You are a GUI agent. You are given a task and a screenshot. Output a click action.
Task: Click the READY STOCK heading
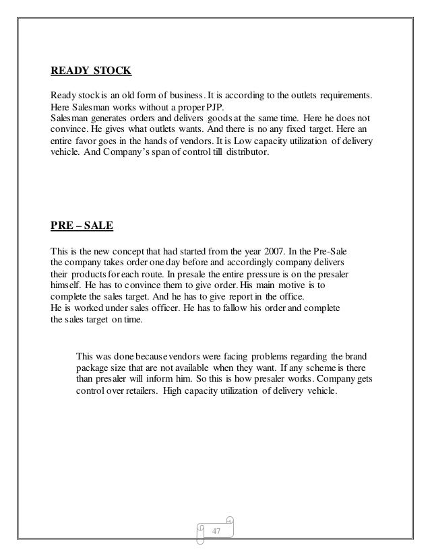pyautogui.click(x=91, y=69)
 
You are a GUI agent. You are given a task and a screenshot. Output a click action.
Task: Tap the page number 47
pyautogui.click(x=217, y=533)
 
